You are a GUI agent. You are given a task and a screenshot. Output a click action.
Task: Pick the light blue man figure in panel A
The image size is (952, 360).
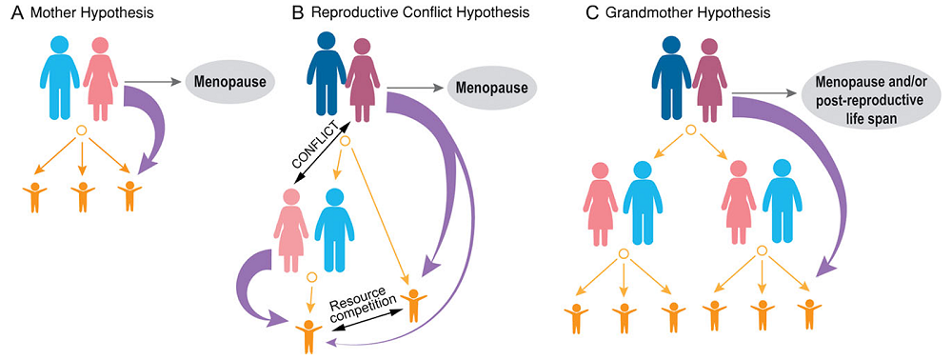click(x=58, y=75)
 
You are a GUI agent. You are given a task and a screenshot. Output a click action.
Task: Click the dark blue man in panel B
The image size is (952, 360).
click(x=326, y=74)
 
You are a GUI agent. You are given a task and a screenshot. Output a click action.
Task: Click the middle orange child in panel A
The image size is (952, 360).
click(x=81, y=195)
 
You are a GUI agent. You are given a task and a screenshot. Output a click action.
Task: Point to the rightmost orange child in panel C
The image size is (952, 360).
click(x=810, y=315)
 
